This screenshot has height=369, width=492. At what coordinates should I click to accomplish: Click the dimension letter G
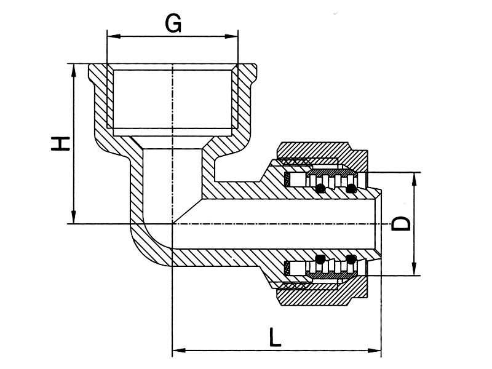pyautogui.click(x=173, y=23)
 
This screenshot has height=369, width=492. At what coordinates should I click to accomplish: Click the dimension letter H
pyautogui.click(x=60, y=144)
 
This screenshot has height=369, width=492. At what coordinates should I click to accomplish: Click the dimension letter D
pyautogui.click(x=402, y=224)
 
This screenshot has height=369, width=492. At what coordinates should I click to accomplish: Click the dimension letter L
pyautogui.click(x=274, y=337)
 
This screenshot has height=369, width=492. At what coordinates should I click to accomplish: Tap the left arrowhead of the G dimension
pyautogui.click(x=114, y=36)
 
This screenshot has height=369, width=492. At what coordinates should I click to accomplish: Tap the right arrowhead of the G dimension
pyautogui.click(x=231, y=36)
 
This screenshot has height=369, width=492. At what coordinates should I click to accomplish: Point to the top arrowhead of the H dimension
pyautogui.click(x=74, y=71)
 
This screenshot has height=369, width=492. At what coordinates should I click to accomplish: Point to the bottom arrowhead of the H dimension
pyautogui.click(x=74, y=217)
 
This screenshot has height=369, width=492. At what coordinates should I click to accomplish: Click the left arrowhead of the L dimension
pyautogui.click(x=179, y=350)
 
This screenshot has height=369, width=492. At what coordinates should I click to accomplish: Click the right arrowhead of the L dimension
pyautogui.click(x=375, y=350)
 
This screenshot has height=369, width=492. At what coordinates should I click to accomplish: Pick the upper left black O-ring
pyautogui.click(x=320, y=188)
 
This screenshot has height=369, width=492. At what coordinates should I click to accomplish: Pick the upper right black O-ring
pyautogui.click(x=351, y=188)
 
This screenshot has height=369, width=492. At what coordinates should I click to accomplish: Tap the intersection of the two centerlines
pyautogui.click(x=172, y=224)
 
